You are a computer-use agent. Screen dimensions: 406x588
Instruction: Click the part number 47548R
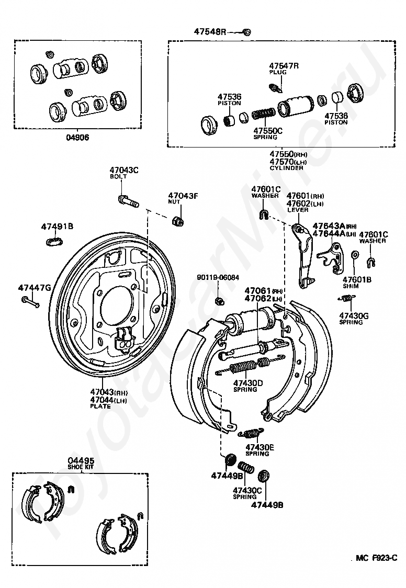(x=210, y=31)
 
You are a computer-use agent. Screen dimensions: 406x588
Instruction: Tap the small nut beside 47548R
(x=246, y=32)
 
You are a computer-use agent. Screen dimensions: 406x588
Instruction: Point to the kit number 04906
(x=77, y=137)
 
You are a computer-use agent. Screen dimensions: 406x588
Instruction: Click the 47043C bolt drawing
(x=128, y=200)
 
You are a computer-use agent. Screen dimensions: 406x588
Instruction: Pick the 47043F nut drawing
(x=177, y=221)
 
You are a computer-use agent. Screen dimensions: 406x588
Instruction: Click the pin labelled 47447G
(x=30, y=302)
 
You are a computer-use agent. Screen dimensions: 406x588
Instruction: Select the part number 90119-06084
(x=218, y=277)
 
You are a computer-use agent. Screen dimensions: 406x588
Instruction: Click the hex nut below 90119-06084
(x=219, y=300)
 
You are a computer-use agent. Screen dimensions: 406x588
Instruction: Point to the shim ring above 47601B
(x=354, y=256)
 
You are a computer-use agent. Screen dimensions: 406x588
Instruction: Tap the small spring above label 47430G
(x=346, y=299)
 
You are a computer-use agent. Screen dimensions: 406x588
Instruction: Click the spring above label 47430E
(x=251, y=433)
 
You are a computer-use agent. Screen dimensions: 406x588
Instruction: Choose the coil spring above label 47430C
(x=246, y=467)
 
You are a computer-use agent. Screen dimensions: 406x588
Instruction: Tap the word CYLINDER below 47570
(x=286, y=168)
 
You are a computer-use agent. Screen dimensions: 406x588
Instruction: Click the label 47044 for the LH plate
(x=102, y=400)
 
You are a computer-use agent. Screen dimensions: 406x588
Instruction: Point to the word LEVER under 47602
(x=298, y=210)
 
